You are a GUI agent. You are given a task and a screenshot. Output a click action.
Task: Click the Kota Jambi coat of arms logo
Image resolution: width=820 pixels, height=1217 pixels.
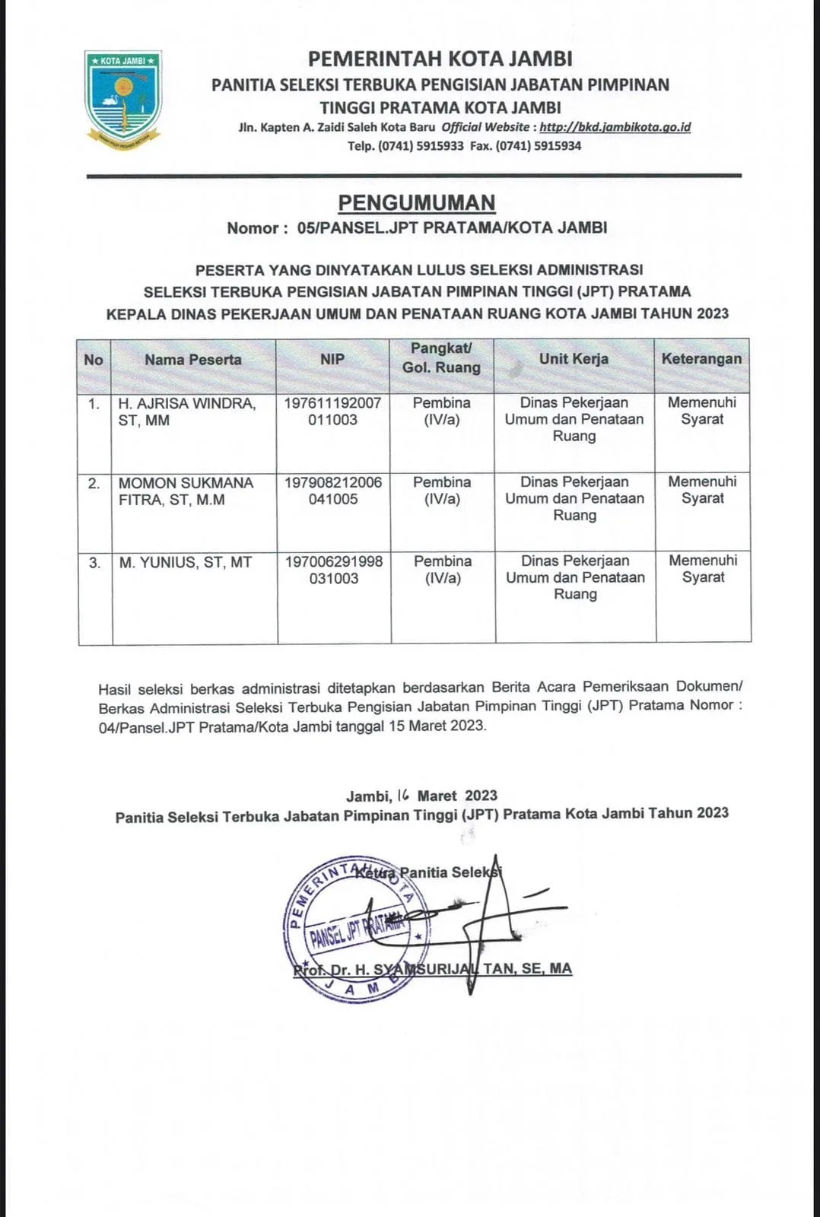click(122, 100)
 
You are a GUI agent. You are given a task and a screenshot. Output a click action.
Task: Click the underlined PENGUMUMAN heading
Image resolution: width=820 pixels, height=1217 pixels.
click(416, 202)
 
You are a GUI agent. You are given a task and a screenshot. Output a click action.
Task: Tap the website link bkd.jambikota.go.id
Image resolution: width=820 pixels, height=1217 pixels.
click(615, 127)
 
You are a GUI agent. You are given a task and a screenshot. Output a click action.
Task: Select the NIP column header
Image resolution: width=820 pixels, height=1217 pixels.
click(332, 360)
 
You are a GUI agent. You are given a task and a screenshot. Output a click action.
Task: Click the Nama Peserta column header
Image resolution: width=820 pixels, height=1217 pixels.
click(193, 360)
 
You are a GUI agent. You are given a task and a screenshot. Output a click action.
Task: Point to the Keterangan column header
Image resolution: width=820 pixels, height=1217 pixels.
click(701, 359)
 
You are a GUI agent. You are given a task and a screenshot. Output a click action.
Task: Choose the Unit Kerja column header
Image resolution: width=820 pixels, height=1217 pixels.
click(574, 359)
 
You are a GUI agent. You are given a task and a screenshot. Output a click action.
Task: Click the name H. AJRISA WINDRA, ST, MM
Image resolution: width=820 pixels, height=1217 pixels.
click(186, 411)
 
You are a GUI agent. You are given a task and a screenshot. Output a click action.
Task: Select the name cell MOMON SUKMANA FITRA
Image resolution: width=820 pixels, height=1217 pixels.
click(186, 491)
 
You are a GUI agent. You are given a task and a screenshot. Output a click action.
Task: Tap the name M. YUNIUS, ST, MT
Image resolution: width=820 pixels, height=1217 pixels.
click(185, 563)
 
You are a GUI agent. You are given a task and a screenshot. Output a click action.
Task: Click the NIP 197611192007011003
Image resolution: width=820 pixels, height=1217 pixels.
click(332, 411)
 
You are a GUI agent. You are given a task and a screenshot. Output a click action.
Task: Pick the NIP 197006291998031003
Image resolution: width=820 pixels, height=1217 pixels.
click(334, 570)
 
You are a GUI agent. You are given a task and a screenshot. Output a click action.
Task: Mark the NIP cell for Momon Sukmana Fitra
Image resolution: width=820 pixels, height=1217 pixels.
click(333, 491)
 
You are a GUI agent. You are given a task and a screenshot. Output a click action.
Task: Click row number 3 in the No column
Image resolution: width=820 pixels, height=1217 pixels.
click(94, 563)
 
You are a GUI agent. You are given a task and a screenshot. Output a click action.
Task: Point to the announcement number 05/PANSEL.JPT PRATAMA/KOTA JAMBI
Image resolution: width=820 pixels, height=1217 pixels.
click(453, 227)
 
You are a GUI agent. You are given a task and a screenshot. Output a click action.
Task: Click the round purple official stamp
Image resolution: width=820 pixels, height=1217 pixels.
click(351, 928)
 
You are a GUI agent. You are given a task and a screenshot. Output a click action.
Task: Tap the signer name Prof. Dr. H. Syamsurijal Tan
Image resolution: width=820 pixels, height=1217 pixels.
click(432, 969)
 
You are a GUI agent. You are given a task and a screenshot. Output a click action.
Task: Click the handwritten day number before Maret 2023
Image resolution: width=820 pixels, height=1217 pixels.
click(403, 796)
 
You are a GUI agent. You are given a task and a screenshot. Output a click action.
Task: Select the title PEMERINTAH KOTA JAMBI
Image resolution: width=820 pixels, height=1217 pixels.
click(440, 59)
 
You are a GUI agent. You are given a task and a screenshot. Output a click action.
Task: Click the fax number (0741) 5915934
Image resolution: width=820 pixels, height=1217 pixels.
click(539, 146)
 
